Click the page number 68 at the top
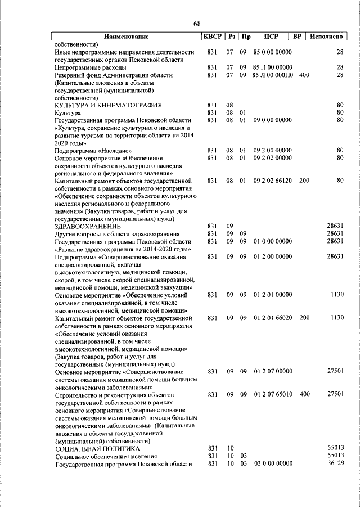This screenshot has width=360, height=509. [197, 24]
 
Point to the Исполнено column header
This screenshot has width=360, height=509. [327, 37]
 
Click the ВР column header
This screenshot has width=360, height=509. [298, 37]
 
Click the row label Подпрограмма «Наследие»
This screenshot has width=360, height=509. [93, 151]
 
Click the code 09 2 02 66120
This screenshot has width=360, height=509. [272, 181]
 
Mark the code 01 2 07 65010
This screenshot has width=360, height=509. [272, 395]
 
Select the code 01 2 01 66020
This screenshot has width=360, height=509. [272, 318]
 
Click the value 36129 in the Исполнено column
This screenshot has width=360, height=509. [335, 463]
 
